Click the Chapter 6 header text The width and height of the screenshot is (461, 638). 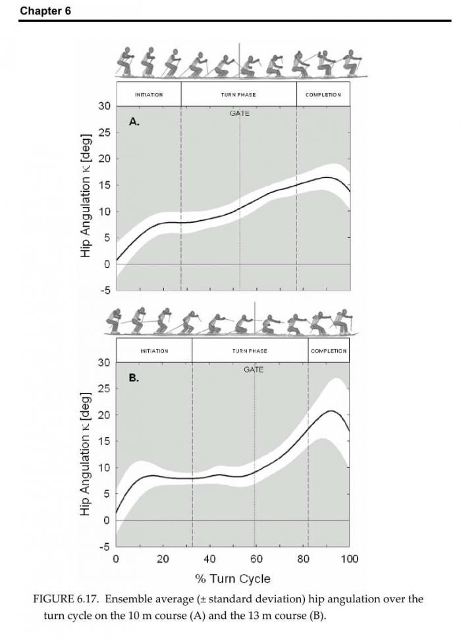point(45,11)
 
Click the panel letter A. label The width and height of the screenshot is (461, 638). point(134,122)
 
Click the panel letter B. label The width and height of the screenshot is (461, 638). point(134,378)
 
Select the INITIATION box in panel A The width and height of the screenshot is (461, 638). point(149,94)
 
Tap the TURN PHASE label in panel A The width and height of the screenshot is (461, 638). point(238,94)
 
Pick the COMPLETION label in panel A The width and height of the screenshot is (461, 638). point(323,94)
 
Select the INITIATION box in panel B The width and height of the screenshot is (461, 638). point(154,351)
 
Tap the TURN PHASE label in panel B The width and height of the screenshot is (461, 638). point(250,351)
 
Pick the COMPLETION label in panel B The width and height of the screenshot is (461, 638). point(329,351)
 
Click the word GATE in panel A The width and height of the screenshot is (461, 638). point(240,113)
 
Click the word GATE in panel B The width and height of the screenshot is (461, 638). point(254,370)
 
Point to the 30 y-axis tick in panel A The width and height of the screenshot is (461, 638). point(103,106)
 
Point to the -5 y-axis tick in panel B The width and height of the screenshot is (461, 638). point(103,546)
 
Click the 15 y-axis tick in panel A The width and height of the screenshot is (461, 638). point(103,185)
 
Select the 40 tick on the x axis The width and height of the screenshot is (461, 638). point(209,560)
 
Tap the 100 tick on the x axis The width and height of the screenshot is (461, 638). point(350,560)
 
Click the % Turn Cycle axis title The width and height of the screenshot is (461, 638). point(232,579)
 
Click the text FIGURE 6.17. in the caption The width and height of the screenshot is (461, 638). point(67,599)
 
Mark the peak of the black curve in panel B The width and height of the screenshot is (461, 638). point(331,411)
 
